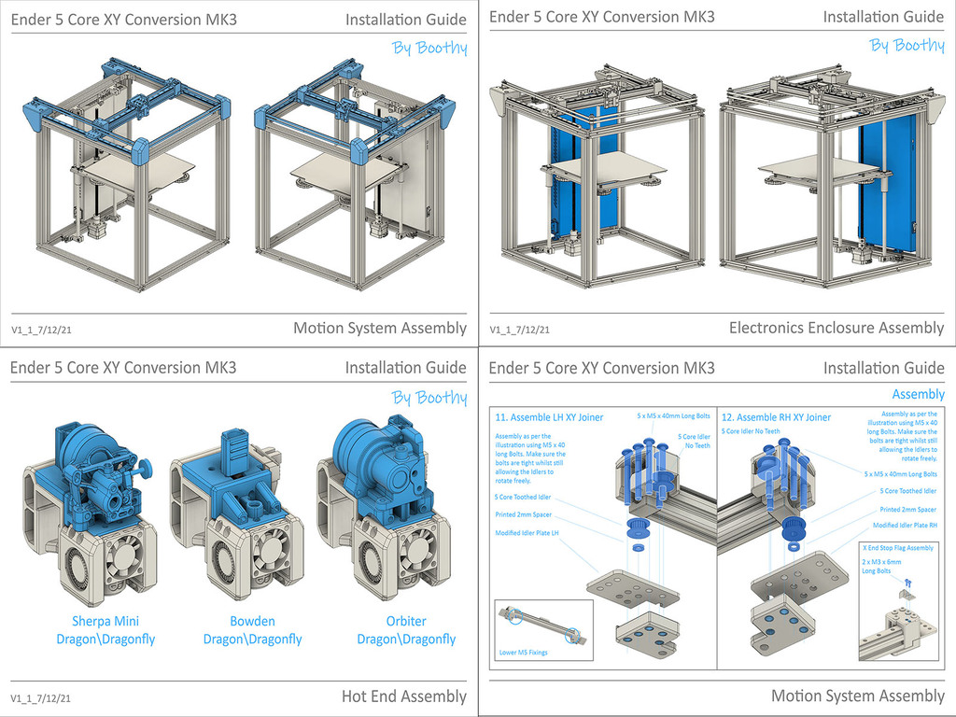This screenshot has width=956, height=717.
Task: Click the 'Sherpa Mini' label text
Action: tap(105, 621)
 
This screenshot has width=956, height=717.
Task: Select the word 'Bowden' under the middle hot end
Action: tap(252, 621)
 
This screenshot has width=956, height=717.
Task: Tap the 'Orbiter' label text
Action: tap(406, 621)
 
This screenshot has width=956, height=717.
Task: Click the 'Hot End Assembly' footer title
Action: tap(403, 696)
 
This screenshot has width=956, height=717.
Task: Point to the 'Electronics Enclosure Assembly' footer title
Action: tap(836, 328)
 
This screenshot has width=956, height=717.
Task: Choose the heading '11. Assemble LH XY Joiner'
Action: tap(549, 417)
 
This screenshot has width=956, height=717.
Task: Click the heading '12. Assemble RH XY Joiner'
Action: tap(776, 417)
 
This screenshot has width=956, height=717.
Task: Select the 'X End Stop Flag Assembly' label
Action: tap(898, 548)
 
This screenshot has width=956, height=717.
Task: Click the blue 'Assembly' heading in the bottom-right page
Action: tap(918, 394)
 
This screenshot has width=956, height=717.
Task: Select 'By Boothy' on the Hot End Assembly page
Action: tap(429, 398)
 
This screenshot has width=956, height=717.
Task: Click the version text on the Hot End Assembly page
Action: tap(41, 697)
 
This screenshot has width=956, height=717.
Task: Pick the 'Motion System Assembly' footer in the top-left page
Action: tap(379, 328)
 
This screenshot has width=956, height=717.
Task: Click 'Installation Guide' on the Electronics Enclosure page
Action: tap(883, 17)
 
